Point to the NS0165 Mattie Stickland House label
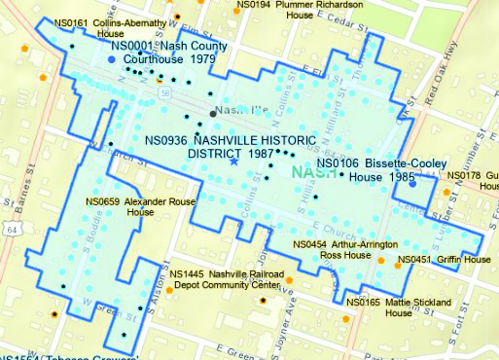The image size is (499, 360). (x=397, y=307)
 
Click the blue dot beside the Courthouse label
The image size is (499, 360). (x=112, y=60)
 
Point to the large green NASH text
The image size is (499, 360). (x=313, y=172)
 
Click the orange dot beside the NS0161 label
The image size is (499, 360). (x=41, y=75)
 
